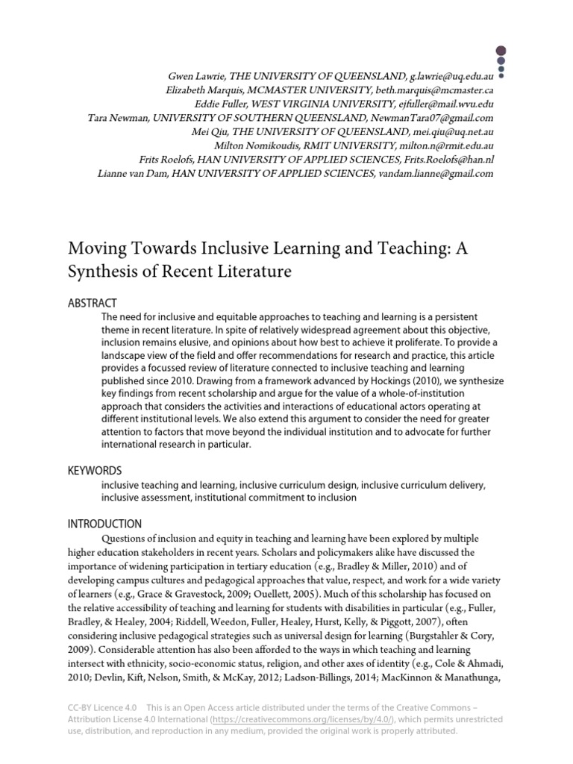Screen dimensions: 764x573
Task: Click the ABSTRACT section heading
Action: point(93,303)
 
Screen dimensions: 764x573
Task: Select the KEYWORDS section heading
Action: point(95,471)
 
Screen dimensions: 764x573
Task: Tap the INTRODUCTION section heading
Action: point(104,525)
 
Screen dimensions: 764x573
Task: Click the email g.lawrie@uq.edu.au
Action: point(451,77)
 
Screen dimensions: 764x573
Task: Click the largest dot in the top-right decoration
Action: point(500,48)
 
